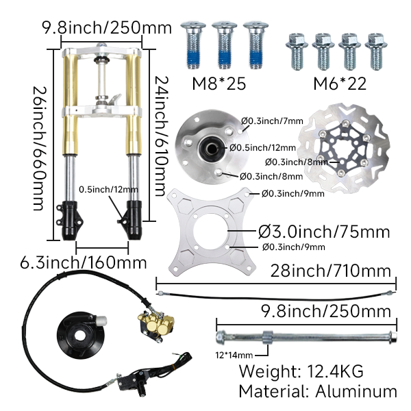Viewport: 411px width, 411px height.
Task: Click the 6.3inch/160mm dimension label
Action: click(x=83, y=262)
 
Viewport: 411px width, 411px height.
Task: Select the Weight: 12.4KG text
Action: click(x=300, y=372)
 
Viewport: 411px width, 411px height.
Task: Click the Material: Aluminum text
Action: click(x=317, y=391)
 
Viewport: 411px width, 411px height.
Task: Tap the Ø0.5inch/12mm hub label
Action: click(x=262, y=147)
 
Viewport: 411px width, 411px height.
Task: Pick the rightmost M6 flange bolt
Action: click(x=375, y=49)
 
